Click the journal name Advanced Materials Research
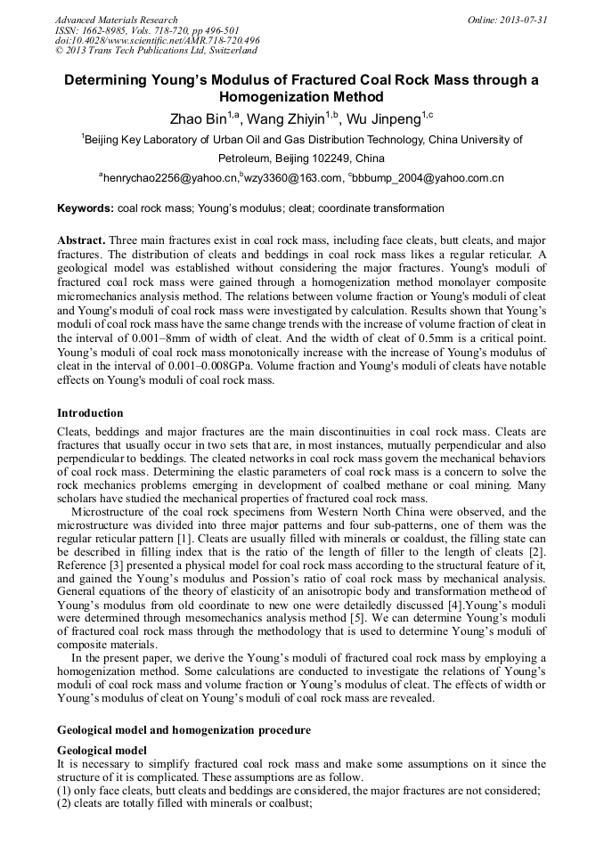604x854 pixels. [x=116, y=20]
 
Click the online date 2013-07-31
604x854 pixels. [x=526, y=20]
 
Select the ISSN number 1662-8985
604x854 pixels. [x=109, y=30]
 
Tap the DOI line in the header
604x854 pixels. [x=158, y=41]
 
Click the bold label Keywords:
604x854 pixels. [x=86, y=208]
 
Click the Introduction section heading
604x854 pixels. [x=90, y=413]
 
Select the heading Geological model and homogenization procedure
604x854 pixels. [x=184, y=730]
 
